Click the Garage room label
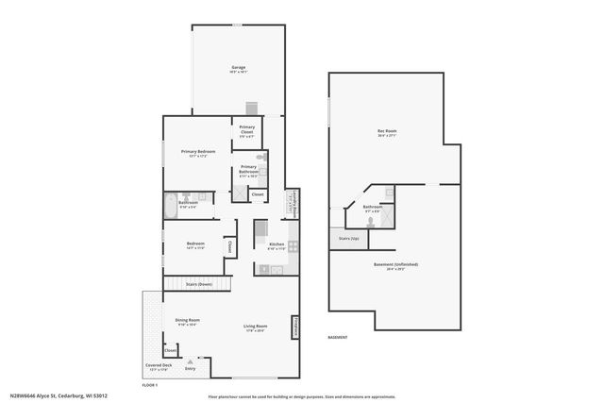click(239, 68)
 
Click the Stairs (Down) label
click(198, 283)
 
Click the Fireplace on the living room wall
click(295, 327)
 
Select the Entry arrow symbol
click(192, 360)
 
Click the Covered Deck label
click(159, 365)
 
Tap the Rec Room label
click(387, 131)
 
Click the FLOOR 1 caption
click(149, 385)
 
